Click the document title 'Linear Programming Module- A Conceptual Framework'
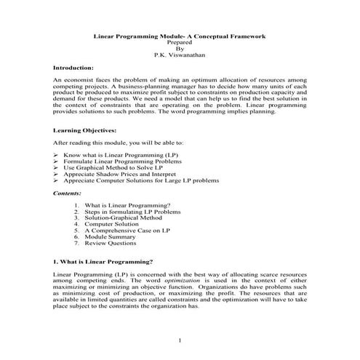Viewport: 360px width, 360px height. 180,36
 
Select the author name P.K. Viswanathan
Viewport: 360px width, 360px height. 180,55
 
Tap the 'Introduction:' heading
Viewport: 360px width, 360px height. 73,67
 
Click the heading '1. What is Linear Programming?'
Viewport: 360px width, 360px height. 103,260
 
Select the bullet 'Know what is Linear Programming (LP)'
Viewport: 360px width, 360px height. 116,155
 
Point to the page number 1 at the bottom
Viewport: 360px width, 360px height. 180,340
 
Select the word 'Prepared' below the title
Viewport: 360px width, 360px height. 180,42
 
